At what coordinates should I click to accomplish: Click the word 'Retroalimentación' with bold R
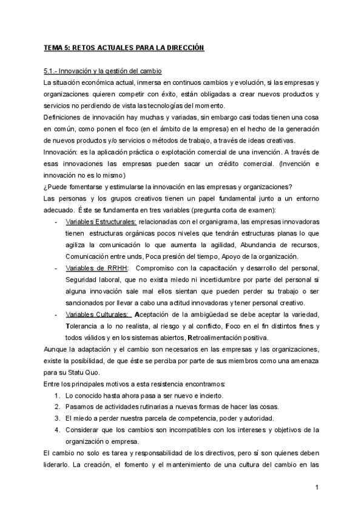tap(215, 338)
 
